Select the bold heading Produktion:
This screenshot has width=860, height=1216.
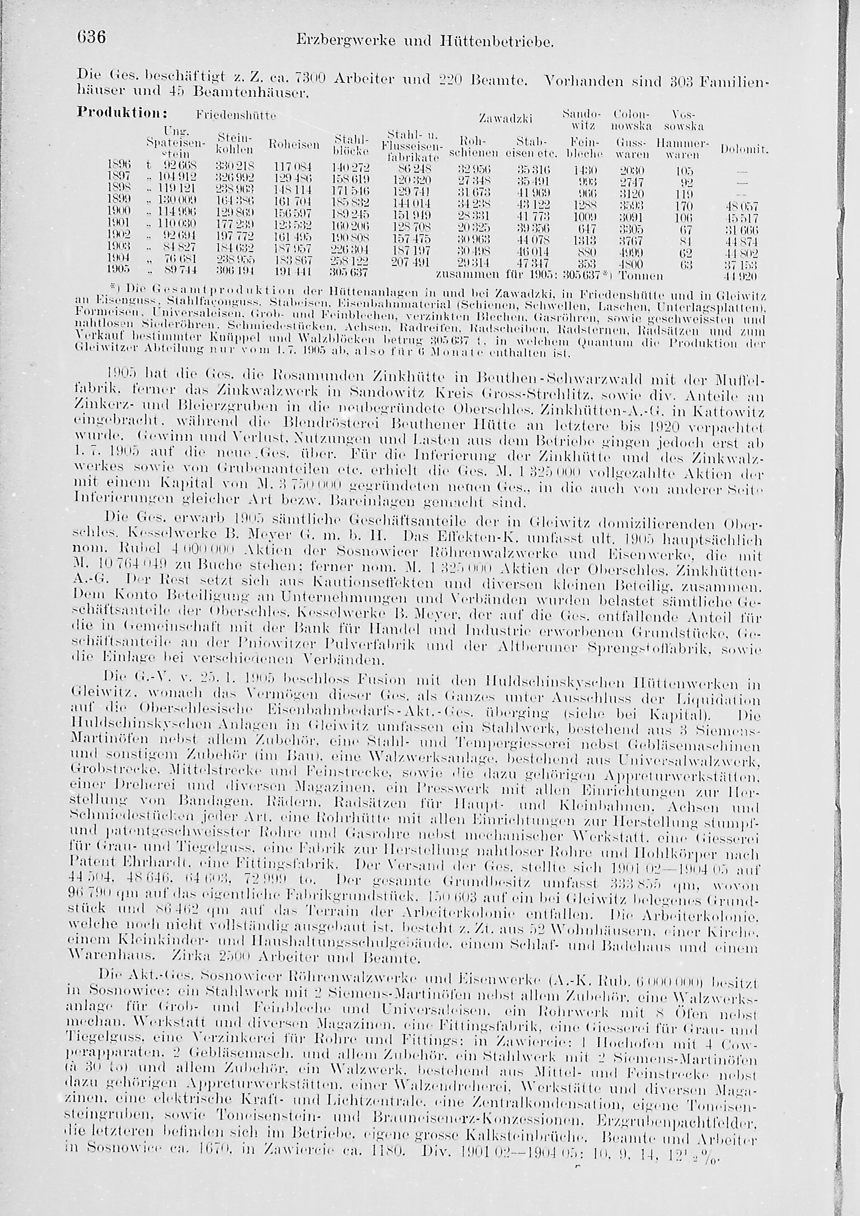click(122, 113)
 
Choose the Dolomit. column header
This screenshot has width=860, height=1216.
click(743, 151)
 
